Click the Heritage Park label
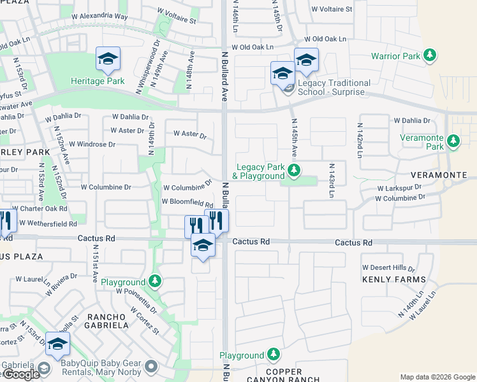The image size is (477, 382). (98, 81)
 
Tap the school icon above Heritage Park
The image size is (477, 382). (108, 59)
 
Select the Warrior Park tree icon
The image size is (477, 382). (430, 56)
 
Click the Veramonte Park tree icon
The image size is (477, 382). (453, 140)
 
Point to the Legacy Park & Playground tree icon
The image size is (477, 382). (294, 170)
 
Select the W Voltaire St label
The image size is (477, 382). (331, 10)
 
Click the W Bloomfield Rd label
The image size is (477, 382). (187, 202)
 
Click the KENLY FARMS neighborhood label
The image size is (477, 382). (393, 279)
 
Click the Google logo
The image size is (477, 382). (20, 375)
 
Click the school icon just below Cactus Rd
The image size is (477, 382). (203, 246)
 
